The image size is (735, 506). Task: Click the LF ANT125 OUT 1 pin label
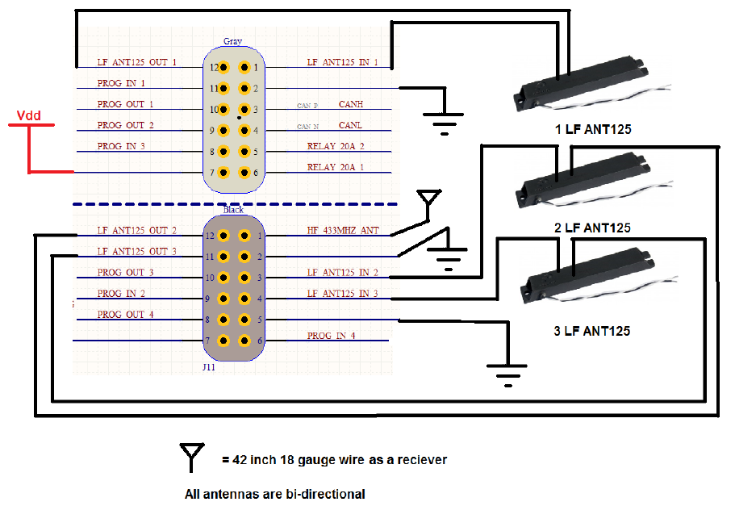pos(136,62)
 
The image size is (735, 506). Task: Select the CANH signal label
pos(350,104)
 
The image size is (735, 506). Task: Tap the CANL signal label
pos(350,125)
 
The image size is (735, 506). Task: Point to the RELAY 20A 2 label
pos(336,147)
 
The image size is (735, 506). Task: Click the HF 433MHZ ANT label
pos(343,231)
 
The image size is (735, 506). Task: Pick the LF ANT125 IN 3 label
pos(342,294)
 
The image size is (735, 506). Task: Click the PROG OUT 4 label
pos(125,315)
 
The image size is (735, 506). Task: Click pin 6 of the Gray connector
pos(244,173)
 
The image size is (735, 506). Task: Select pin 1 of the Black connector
pos(244,236)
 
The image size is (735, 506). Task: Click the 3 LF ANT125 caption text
pos(592,331)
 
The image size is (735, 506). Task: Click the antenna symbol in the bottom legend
pos(192,457)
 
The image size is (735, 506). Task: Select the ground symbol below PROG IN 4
pos(506,373)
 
